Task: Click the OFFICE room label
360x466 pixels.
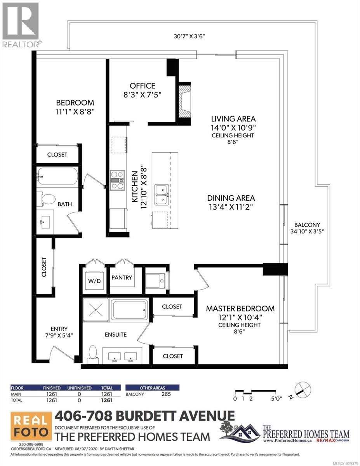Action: pyautogui.click(x=143, y=86)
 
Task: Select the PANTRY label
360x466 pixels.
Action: pyautogui.click(x=122, y=278)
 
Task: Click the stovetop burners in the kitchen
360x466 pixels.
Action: pyautogui.click(x=117, y=180)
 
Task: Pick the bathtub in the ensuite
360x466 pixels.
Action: pyautogui.click(x=129, y=310)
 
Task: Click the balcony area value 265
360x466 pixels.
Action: pyautogui.click(x=166, y=394)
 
